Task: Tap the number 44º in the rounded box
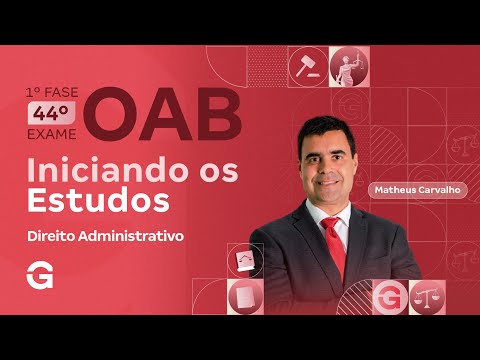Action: (55, 112)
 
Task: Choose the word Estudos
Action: (97, 200)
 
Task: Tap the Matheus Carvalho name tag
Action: (417, 189)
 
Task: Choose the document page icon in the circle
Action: (242, 297)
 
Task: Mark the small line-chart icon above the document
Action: (243, 262)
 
